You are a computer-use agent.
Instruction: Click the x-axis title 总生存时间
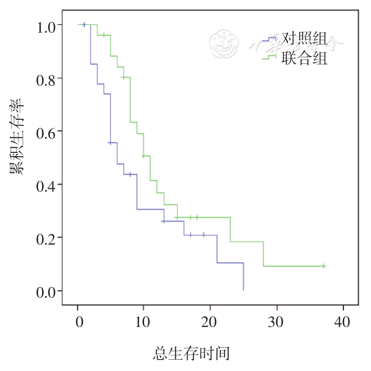(191, 353)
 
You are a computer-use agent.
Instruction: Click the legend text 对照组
(304, 38)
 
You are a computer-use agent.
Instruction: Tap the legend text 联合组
(304, 59)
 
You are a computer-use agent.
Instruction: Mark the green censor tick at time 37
(323, 266)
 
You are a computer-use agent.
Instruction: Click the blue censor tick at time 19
(204, 235)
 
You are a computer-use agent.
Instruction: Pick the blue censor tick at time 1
(84, 25)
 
